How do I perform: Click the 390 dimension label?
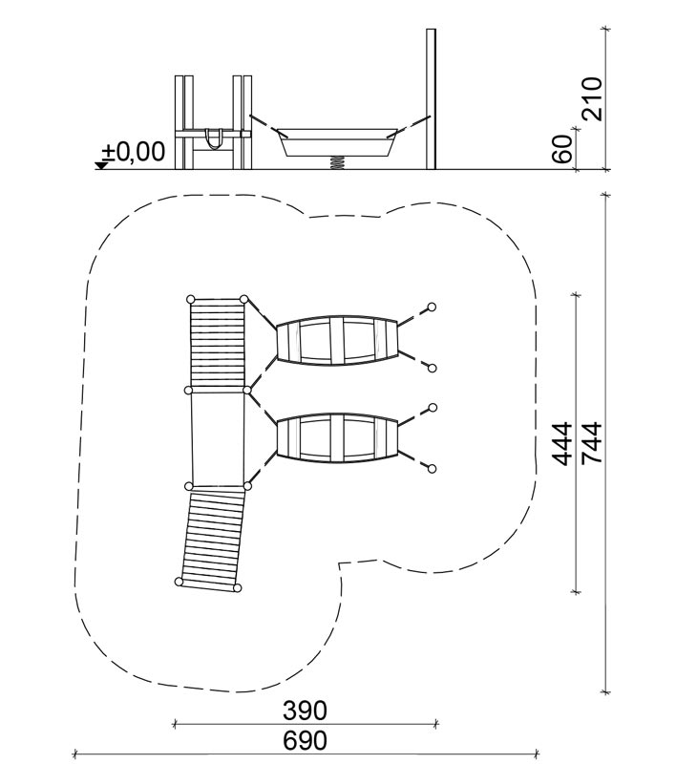[305, 711]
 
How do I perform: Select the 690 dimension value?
[305, 741]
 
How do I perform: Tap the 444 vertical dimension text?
[562, 444]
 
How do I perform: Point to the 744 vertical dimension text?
[592, 443]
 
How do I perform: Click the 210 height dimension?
[592, 98]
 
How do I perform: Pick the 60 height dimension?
[562, 149]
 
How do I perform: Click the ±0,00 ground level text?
[134, 152]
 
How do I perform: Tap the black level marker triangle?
[101, 165]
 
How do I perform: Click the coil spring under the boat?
[336, 163]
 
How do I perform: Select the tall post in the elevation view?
[431, 99]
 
